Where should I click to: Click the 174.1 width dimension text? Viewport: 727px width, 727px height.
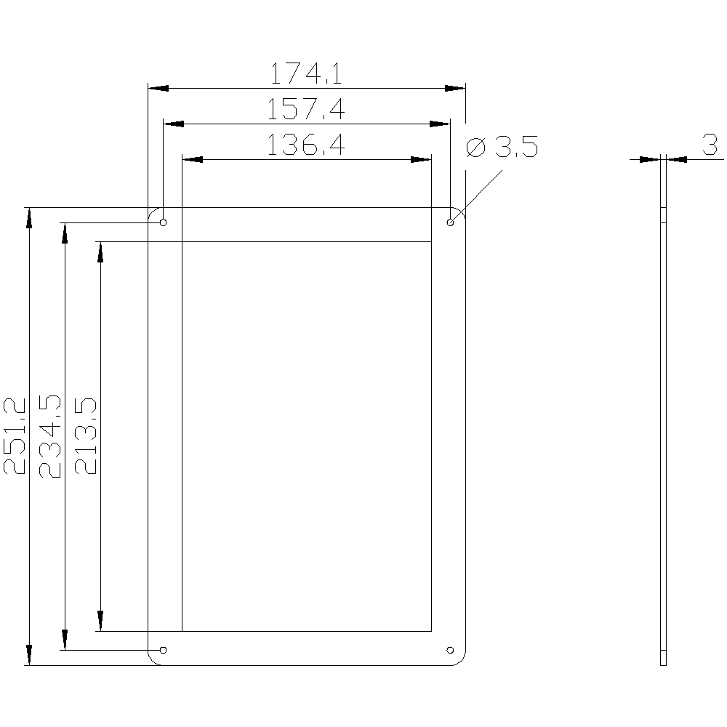click(306, 73)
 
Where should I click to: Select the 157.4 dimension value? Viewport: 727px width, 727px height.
click(306, 110)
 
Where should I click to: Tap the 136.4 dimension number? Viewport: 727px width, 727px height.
click(306, 145)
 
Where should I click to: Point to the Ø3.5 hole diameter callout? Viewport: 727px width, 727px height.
click(502, 147)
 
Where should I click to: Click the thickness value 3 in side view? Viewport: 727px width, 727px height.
click(710, 145)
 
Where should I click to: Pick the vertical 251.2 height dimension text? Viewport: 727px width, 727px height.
click(15, 435)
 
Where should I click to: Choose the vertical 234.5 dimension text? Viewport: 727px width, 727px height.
click(50, 436)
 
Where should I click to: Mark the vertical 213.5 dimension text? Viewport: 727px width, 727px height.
click(86, 435)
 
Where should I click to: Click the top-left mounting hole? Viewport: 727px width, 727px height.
click(163, 222)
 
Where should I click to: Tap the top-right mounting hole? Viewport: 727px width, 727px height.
click(450, 222)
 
